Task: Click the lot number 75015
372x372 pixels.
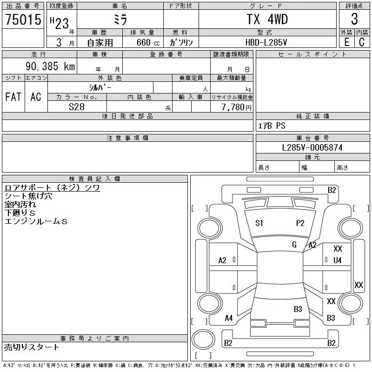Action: (x=23, y=19)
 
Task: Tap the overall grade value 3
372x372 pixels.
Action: (x=354, y=19)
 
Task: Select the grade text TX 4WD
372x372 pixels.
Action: (x=267, y=19)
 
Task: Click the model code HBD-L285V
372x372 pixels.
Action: (x=266, y=42)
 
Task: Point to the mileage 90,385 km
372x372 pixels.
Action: (x=50, y=66)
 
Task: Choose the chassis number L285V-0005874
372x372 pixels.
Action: (x=312, y=147)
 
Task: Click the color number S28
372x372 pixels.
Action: (x=77, y=107)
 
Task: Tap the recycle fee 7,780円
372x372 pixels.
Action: (x=236, y=107)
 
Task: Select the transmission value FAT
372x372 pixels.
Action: (x=13, y=97)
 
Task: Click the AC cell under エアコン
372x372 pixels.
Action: (x=36, y=97)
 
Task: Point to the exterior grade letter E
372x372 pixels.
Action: (x=346, y=42)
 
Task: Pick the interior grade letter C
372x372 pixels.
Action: (x=362, y=42)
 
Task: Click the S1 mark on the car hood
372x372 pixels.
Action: (x=259, y=223)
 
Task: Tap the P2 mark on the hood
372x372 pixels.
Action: (x=300, y=223)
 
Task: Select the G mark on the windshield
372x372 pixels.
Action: (x=294, y=245)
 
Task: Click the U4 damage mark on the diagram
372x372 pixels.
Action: (x=338, y=260)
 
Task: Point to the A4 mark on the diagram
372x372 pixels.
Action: (x=229, y=318)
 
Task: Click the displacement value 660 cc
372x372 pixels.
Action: (x=148, y=42)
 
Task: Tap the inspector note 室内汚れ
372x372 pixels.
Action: (x=20, y=204)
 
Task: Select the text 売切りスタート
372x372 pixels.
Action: (x=32, y=347)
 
